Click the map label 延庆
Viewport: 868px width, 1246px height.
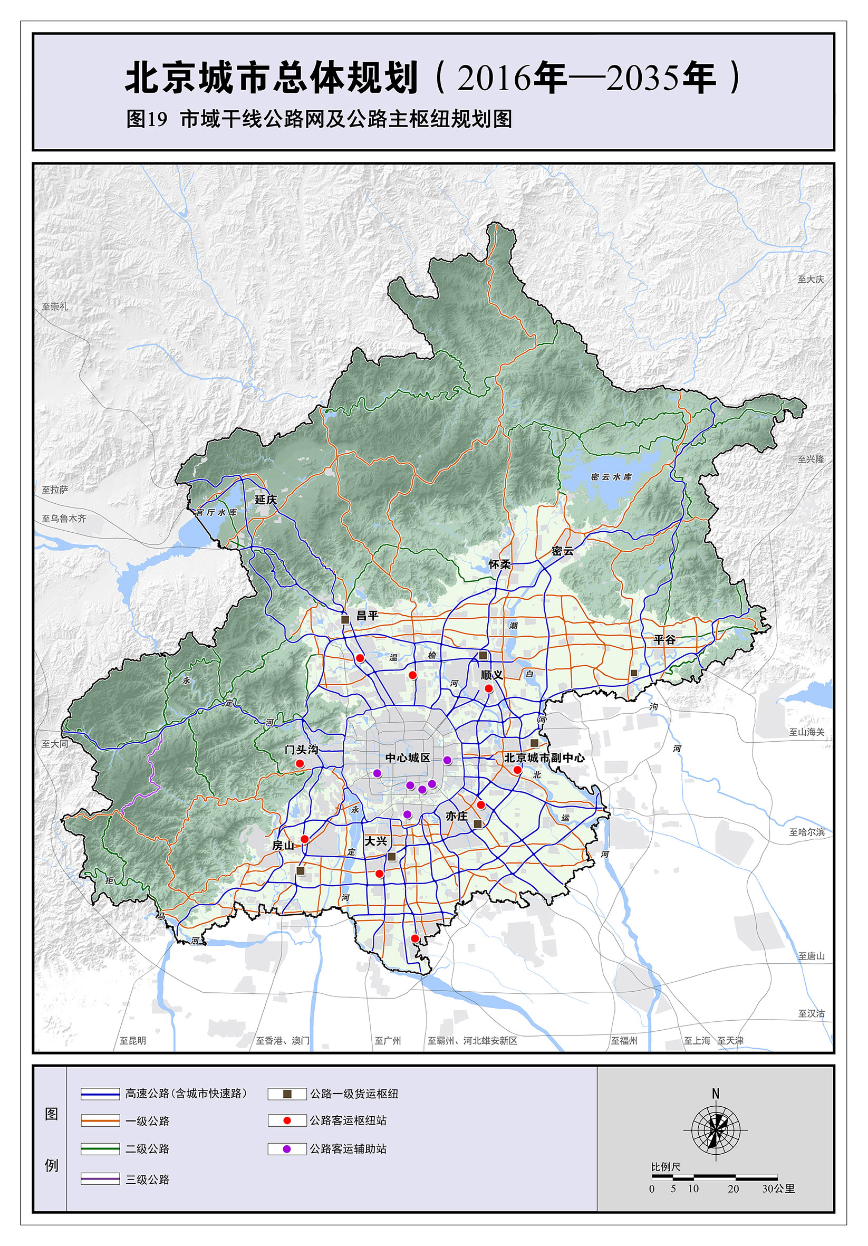pyautogui.click(x=266, y=499)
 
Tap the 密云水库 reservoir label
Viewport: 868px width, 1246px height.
pyautogui.click(x=611, y=477)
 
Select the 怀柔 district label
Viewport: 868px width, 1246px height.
pyautogui.click(x=499, y=564)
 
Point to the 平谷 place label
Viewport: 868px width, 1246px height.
pyautogui.click(x=664, y=640)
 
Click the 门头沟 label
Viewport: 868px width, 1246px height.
pyautogui.click(x=302, y=750)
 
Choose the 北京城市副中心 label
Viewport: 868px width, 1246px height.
pyautogui.click(x=544, y=758)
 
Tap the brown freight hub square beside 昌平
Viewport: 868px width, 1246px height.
pyautogui.click(x=345, y=619)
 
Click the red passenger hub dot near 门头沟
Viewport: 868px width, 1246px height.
pyautogui.click(x=300, y=763)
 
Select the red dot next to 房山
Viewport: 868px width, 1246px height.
pyautogui.click(x=304, y=839)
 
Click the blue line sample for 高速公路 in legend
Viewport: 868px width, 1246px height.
pyautogui.click(x=100, y=1094)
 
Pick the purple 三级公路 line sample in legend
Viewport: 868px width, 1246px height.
pyautogui.click(x=100, y=1178)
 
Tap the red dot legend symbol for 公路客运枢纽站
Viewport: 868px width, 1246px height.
pyautogui.click(x=287, y=1120)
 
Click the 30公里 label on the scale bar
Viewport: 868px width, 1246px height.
pyautogui.click(x=778, y=1189)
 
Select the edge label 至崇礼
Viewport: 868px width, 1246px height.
pyautogui.click(x=55, y=306)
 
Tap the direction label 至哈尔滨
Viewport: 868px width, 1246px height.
pyautogui.click(x=806, y=832)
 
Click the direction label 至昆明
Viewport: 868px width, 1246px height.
pyautogui.click(x=133, y=1040)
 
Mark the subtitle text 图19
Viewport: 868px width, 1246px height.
pyautogui.click(x=148, y=119)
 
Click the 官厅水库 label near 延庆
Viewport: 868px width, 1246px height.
pyautogui.click(x=216, y=512)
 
